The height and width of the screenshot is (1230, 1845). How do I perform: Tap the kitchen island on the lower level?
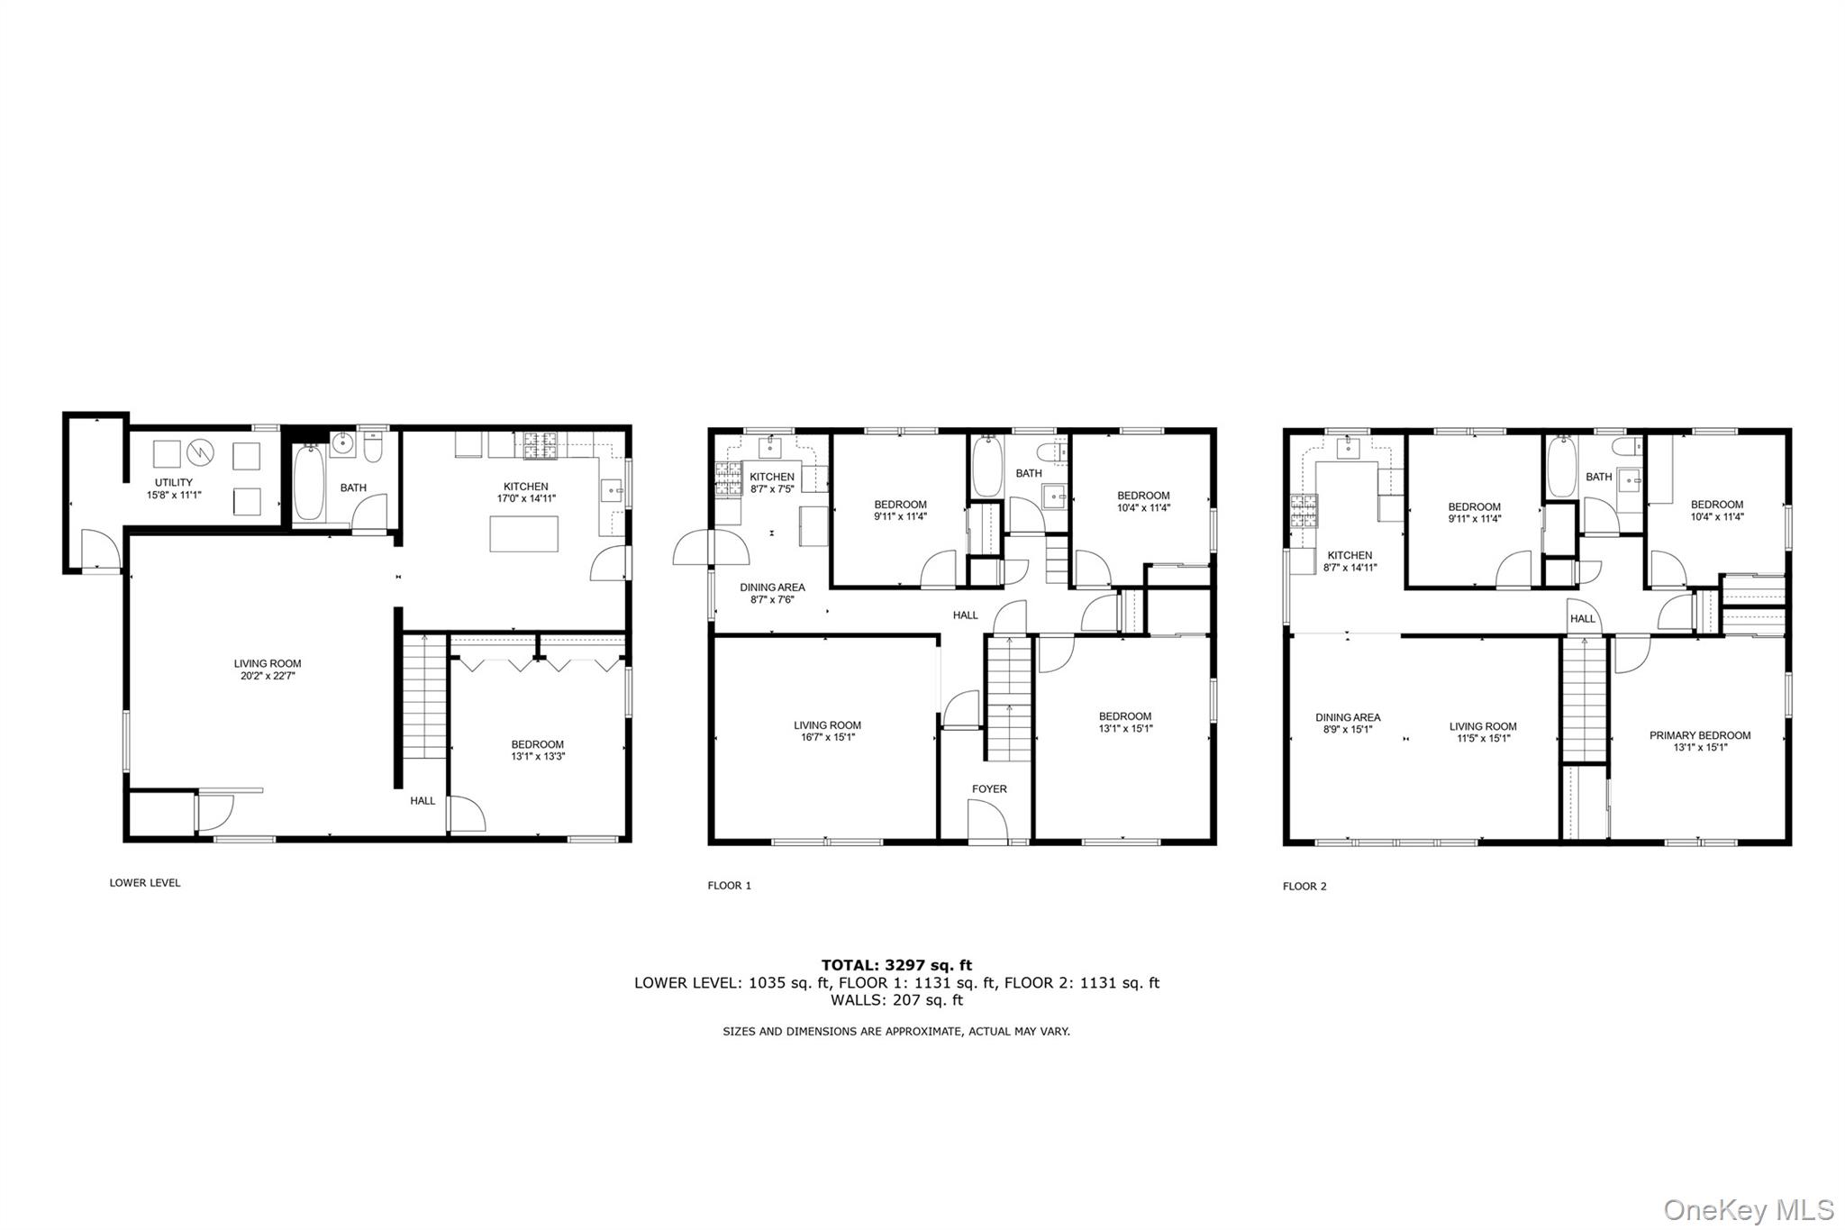(523, 533)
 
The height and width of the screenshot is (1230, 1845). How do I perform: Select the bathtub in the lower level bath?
(308, 483)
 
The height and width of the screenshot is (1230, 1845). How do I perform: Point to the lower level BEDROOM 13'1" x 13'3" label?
(538, 751)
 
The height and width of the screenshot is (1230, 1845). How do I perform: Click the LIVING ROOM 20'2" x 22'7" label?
(268, 670)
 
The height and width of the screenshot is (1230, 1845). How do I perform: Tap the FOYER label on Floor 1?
(989, 788)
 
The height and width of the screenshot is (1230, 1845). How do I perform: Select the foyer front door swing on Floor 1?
(987, 820)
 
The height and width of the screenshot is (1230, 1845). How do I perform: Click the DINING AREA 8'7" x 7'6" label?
(772, 593)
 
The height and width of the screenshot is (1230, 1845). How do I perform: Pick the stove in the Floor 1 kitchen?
(727, 479)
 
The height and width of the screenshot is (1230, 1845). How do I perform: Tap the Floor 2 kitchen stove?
(1304, 512)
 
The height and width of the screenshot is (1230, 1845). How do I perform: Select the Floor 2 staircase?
(1584, 699)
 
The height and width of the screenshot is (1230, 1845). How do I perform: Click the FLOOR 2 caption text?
(1304, 886)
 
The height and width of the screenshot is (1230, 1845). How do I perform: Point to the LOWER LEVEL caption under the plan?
(145, 882)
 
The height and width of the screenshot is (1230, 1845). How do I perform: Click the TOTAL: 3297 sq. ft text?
(896, 965)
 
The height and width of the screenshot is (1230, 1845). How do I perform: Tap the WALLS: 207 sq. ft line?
(896, 999)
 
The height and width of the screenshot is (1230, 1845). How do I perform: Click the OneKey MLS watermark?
(1749, 1208)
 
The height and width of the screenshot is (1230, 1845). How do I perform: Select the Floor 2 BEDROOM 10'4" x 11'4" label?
(1716, 510)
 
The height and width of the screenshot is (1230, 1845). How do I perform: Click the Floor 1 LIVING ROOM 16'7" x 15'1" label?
(827, 731)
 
